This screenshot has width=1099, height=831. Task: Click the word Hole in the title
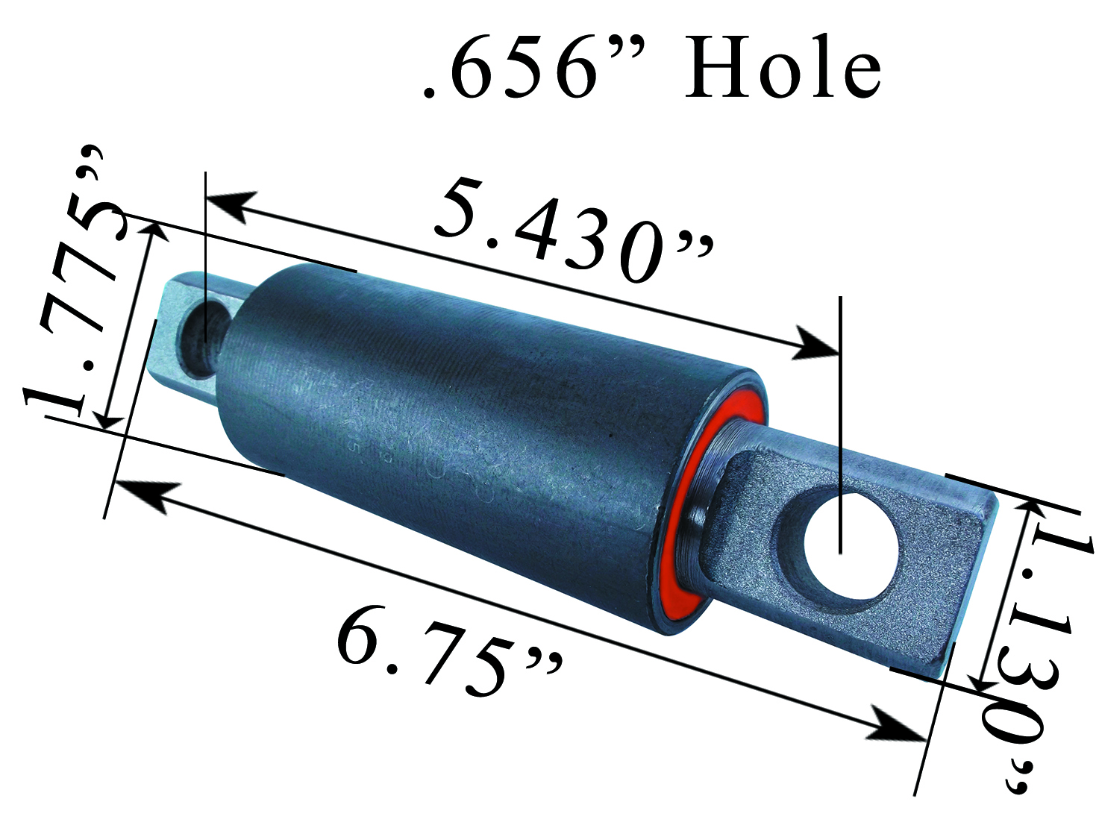pyautogui.click(x=783, y=69)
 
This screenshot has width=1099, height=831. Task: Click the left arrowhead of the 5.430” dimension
pyautogui.click(x=228, y=203)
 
